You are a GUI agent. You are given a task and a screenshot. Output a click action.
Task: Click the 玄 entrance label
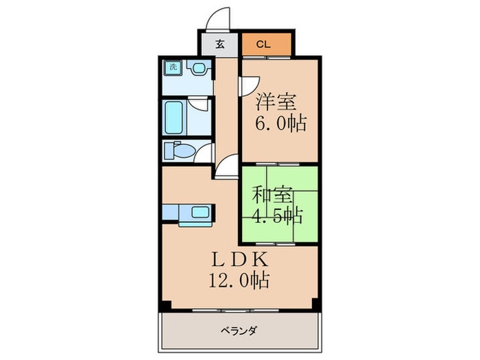[219, 45]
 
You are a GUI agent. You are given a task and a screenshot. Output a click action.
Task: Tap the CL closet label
[263, 45]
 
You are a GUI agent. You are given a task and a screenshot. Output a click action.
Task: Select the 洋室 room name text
[276, 103]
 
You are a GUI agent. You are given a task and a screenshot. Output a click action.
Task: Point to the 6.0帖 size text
[281, 124]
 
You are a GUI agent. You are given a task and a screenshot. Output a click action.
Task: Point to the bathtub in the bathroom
[174, 117]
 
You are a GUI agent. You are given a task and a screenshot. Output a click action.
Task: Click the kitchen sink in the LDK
[200, 213]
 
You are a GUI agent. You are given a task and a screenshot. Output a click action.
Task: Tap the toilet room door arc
[204, 152]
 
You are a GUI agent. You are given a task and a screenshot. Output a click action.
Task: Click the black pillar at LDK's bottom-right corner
[315, 303]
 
